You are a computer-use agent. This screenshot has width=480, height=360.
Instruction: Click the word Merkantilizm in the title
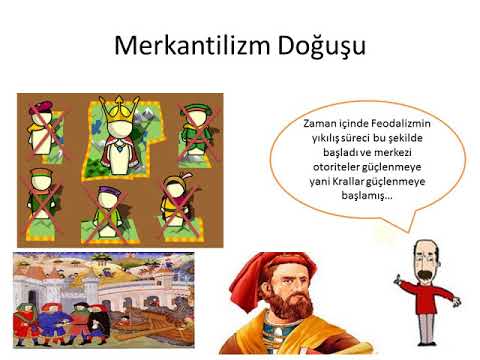[x=192, y=45]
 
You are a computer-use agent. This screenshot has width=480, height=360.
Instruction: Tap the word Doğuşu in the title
[x=322, y=47]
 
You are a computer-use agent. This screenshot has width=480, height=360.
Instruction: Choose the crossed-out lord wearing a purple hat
[x=108, y=212]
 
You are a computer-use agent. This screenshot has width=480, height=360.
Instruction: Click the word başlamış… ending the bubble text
[x=367, y=196]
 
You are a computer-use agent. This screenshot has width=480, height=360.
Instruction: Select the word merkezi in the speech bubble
[x=393, y=153]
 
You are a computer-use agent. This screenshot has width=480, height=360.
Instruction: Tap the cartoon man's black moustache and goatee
[x=425, y=277]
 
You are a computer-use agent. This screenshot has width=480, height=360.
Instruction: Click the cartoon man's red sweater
[x=426, y=297]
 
